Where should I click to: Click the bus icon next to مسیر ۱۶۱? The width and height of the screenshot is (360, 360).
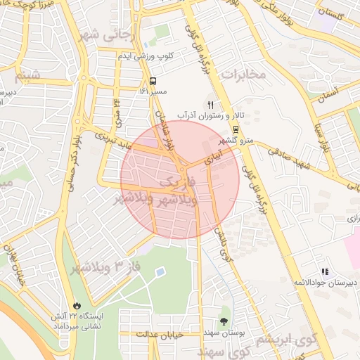(x=153, y=81)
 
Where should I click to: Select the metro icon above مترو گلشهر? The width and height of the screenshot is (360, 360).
(x=235, y=129)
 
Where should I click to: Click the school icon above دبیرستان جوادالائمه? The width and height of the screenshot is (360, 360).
(x=324, y=271)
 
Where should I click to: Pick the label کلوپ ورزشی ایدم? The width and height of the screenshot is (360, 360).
(x=144, y=55)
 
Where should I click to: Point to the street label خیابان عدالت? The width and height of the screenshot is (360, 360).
(x=160, y=335)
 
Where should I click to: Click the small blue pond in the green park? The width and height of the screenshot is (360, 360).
(x=160, y=271)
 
